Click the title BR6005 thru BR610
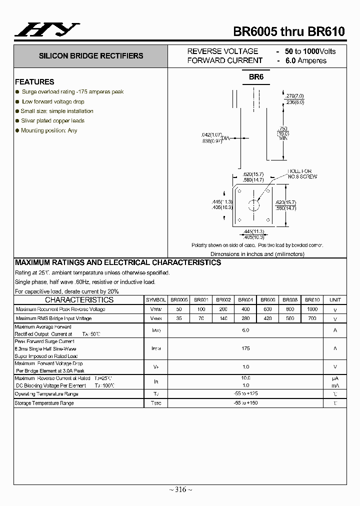click(x=289, y=31)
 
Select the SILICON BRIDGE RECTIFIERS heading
click(x=91, y=56)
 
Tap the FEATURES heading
click(x=34, y=81)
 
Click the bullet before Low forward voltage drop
click(x=17, y=101)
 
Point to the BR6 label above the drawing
click(x=256, y=77)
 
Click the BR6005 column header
click(x=179, y=300)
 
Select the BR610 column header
click(x=312, y=300)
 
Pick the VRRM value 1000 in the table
click(x=312, y=309)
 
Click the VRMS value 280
click(x=245, y=318)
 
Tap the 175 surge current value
click(x=245, y=348)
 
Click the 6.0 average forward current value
click(x=245, y=330)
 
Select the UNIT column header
click(x=335, y=300)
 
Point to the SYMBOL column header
click(x=156, y=300)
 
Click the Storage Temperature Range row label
click(x=44, y=403)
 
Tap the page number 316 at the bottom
click(x=180, y=489)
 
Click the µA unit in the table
click(x=335, y=378)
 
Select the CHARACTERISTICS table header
click(x=79, y=300)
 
